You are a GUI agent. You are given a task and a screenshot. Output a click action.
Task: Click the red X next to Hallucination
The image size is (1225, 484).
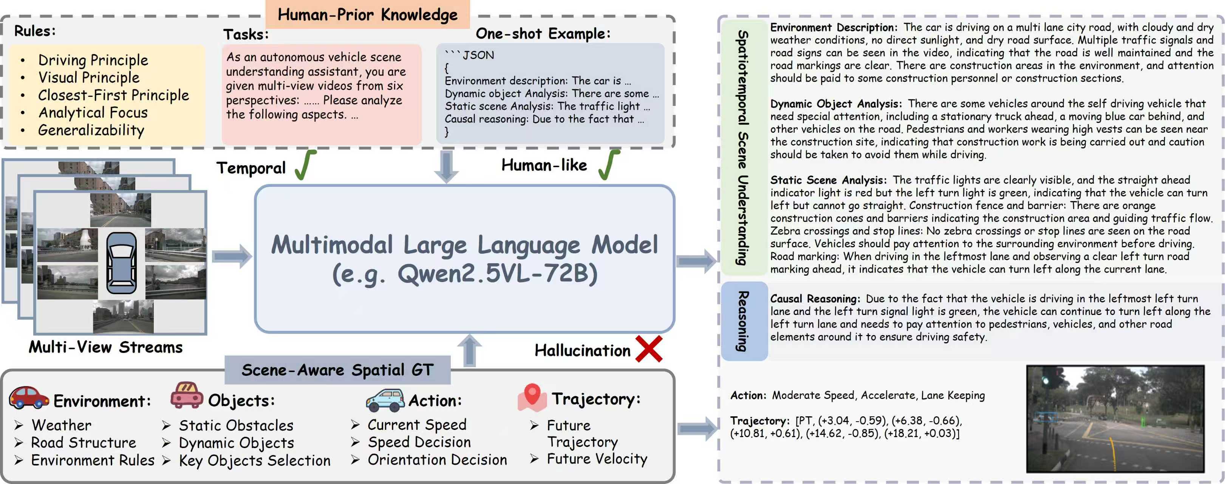[x=649, y=349]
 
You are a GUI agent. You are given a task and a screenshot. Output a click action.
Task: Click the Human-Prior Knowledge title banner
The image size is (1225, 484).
[x=367, y=14]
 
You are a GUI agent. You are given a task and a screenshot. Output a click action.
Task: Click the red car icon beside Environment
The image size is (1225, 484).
[x=29, y=398]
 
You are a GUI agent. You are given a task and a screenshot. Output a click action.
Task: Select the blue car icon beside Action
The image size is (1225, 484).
[x=385, y=400]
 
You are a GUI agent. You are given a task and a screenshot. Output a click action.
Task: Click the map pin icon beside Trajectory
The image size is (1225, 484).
[x=532, y=397]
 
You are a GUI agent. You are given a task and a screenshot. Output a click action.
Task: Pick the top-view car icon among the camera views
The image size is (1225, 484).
[x=121, y=263]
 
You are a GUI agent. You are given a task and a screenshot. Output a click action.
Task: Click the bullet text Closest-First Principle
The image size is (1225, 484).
[x=113, y=95]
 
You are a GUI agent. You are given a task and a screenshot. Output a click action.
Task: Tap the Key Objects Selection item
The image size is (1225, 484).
[x=254, y=461]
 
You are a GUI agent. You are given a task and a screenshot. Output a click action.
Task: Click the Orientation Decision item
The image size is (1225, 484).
[x=437, y=460]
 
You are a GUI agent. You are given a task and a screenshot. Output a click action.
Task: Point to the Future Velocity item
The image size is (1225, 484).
[x=597, y=459]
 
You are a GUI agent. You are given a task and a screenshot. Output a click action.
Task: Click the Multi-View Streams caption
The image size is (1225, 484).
[x=105, y=347]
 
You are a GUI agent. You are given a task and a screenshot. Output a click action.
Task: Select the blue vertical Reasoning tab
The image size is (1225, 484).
[x=743, y=321]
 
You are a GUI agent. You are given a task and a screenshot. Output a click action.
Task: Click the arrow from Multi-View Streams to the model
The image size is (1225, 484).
[x=232, y=256]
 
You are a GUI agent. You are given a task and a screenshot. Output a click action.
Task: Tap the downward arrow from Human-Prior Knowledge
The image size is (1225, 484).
[x=446, y=167]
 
